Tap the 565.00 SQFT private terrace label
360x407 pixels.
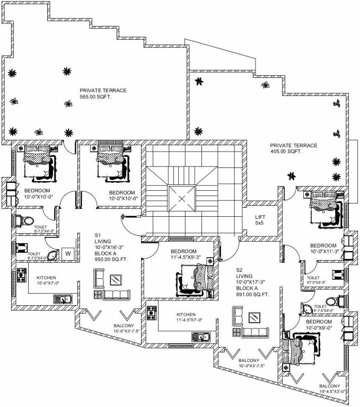click(x=103, y=94)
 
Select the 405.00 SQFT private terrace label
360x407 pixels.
click(x=293, y=148)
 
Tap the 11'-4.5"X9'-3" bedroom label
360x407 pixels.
click(x=183, y=254)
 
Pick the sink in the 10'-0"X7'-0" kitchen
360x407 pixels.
click(x=63, y=300)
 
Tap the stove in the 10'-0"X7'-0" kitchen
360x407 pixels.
click(x=22, y=275)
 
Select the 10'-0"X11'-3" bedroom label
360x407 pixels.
click(x=323, y=249)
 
